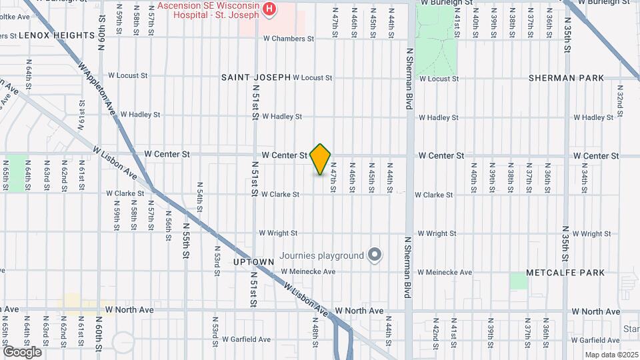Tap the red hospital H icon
point(269,8)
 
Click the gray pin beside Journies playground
point(375,255)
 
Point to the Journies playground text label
point(321,255)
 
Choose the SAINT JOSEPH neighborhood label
point(256,77)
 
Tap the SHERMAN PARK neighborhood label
point(566,77)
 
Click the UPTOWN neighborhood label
point(253,262)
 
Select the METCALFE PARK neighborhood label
point(565,272)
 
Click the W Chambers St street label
point(289,39)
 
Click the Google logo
point(22,351)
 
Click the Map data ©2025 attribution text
point(611,355)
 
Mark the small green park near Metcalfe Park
point(519,281)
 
